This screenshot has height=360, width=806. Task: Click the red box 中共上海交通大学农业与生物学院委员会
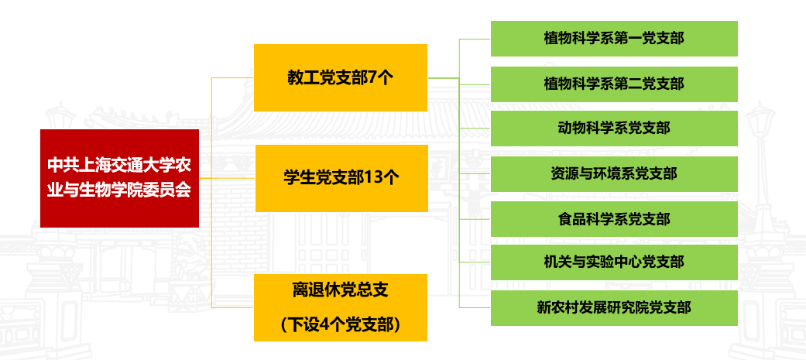[x=119, y=178]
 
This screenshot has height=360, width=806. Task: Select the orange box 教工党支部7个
[x=341, y=77]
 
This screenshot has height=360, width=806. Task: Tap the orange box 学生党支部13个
[x=341, y=178]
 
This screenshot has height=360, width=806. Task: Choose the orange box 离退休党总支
[x=341, y=307]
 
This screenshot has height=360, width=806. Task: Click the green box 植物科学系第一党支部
[x=614, y=39]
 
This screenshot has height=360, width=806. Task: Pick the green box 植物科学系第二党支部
[x=614, y=84]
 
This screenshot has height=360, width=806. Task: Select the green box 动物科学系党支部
[x=614, y=129]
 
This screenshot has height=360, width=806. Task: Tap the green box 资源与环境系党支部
[x=614, y=174]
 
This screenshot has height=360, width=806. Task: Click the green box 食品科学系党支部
[x=614, y=219]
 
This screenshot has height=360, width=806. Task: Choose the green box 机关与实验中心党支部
[x=614, y=262]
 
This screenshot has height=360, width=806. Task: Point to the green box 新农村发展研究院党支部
[x=614, y=307]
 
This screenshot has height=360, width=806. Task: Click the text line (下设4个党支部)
[x=341, y=325]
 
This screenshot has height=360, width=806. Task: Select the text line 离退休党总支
[x=341, y=290]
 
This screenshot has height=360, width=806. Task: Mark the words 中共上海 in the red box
[x=76, y=165]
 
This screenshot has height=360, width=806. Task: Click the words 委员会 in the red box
[x=170, y=191]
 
